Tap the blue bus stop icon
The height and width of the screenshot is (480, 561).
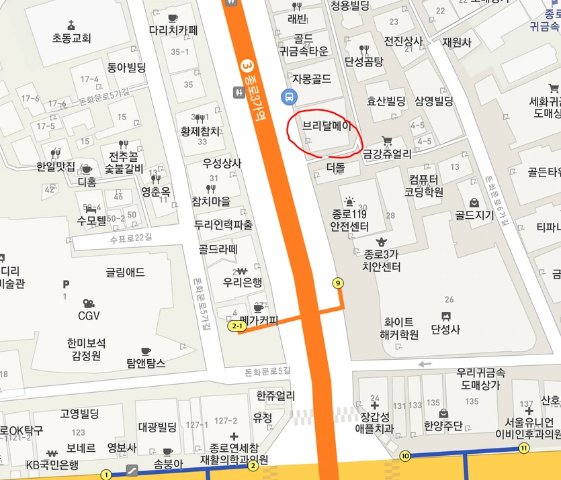pyautogui.click(x=290, y=97)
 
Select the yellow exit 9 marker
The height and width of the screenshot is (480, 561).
pyautogui.click(x=337, y=283)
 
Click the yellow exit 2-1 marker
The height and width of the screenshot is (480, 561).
pyautogui.click(x=236, y=326)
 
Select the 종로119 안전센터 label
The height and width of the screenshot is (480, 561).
pyautogui.click(x=349, y=220)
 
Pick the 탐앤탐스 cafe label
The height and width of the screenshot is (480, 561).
pyautogui.click(x=146, y=363)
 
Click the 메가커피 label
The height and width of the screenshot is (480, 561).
pyautogui.click(x=259, y=321)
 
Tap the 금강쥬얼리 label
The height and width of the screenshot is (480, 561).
pyautogui.click(x=387, y=154)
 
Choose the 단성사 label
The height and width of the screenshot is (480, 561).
pyautogui.click(x=445, y=330)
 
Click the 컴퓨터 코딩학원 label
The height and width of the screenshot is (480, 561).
pyautogui.click(x=424, y=185)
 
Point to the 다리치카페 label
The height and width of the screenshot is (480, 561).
pyautogui.click(x=173, y=30)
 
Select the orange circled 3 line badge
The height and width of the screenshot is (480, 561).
pyautogui.click(x=247, y=66)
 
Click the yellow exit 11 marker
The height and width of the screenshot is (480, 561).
pyautogui.click(x=524, y=448)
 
